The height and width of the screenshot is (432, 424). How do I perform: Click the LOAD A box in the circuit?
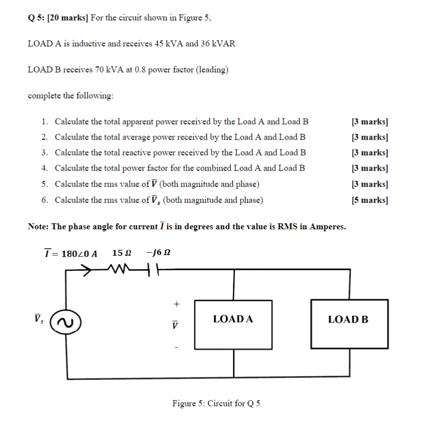point(233,324)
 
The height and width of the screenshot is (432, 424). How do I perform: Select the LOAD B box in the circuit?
point(349,324)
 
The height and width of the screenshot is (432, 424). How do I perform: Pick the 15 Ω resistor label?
point(122,253)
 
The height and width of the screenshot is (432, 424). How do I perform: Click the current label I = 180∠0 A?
point(71,253)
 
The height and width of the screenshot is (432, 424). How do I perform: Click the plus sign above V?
point(175,303)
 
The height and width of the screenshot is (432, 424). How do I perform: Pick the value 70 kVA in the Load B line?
point(112,70)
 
